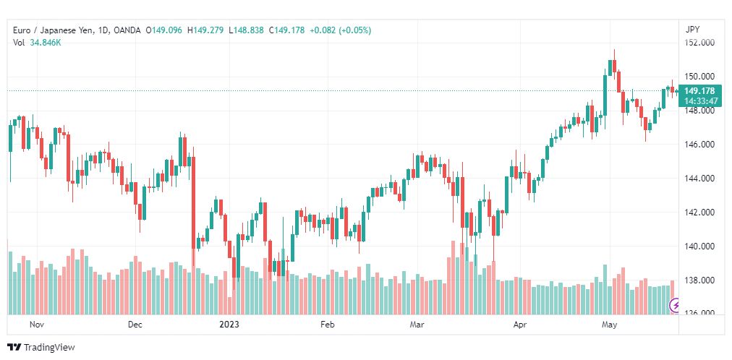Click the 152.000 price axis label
pyautogui.click(x=699, y=43)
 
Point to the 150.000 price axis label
pyautogui.click(x=699, y=77)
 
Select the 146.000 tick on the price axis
pyautogui.click(x=699, y=145)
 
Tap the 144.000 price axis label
pyautogui.click(x=699, y=179)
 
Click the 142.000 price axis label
pyautogui.click(x=699, y=213)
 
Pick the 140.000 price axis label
pyautogui.click(x=699, y=247)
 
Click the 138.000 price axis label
pyautogui.click(x=699, y=280)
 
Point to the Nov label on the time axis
pyautogui.click(x=37, y=325)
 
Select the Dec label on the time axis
pyautogui.click(x=135, y=325)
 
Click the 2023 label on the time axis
pyautogui.click(x=229, y=325)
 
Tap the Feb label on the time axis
pyautogui.click(x=327, y=325)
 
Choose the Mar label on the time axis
pyautogui.click(x=417, y=325)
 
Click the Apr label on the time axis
pyautogui.click(x=519, y=325)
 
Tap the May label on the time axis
pyautogui.click(x=609, y=325)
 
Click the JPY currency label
pyautogui.click(x=692, y=30)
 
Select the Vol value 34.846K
pyautogui.click(x=46, y=42)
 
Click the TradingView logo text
pyautogui.click(x=49, y=348)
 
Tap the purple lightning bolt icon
pyautogui.click(x=676, y=305)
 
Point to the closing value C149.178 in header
pyautogui.click(x=286, y=30)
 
